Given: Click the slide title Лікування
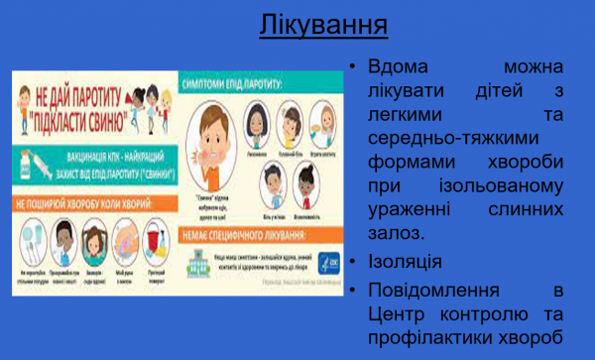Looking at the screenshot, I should click(x=323, y=24).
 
